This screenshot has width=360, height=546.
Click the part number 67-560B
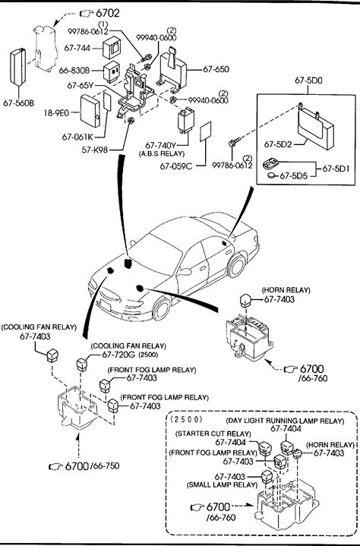coord(19,103)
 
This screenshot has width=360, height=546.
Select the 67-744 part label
coord(77,48)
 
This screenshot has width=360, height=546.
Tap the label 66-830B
coord(74,71)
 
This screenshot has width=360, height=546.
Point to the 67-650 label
coord(216,69)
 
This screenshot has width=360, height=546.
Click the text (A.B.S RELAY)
coord(161,153)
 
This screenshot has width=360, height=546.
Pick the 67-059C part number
coord(176,166)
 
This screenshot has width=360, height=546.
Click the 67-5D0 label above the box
coord(308,80)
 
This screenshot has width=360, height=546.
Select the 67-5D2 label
coord(278,144)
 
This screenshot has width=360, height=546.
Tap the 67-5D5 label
coord(294,176)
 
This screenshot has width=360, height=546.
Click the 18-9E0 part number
coord(56,112)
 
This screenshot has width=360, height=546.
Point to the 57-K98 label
coord(95,150)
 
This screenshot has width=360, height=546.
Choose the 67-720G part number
coord(118,355)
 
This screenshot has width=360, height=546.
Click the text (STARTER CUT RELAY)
coord(213,434)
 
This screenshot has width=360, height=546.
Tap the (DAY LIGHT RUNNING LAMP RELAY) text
coord(285,421)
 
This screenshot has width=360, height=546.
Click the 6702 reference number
coord(107,13)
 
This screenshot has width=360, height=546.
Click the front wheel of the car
coord(162,309)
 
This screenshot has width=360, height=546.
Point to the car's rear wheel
coord(236,266)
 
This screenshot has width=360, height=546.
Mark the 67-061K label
coord(77,137)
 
